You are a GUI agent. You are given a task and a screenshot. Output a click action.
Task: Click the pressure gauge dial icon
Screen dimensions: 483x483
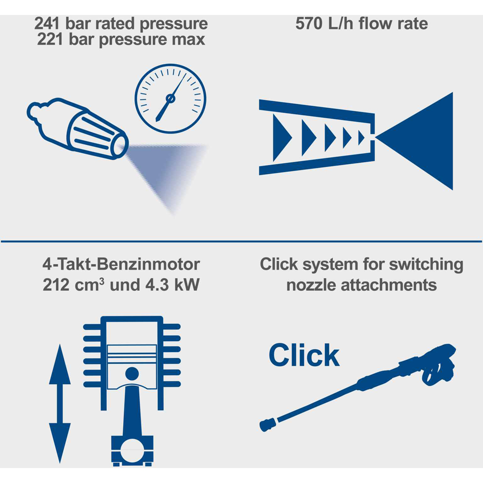pyautogui.click(x=170, y=99)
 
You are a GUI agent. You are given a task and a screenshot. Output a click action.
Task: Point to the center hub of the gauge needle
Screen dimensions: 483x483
pyautogui.click(x=170, y=99)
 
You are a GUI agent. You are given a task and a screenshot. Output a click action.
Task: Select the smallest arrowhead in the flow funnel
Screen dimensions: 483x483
pyautogui.click(x=361, y=138)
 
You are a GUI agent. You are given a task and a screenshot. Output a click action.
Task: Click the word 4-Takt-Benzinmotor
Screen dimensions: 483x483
pyautogui.click(x=121, y=264)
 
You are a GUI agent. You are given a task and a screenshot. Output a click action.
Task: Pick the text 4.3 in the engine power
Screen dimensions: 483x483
pyautogui.click(x=157, y=284)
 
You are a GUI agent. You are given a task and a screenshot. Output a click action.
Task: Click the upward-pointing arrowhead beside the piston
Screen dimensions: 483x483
pyautogui.click(x=60, y=364)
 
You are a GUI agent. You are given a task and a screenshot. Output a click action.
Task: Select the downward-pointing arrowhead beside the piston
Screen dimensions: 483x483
pyautogui.click(x=60, y=443)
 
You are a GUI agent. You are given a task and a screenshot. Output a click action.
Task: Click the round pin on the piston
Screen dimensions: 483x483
pyautogui.click(x=132, y=374)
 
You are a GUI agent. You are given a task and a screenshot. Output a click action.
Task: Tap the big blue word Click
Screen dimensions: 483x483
pyautogui.click(x=304, y=355)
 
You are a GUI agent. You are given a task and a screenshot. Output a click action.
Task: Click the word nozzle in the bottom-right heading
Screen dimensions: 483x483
pyautogui.click(x=311, y=285)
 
